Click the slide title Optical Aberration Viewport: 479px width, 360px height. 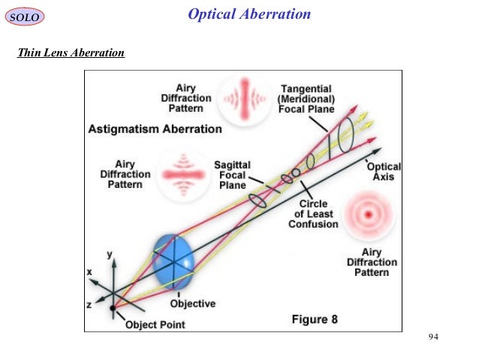249,14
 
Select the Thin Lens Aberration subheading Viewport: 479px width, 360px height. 70,53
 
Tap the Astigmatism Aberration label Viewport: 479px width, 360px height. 155,129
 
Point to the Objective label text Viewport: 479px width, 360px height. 192,304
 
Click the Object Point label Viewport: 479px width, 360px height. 155,325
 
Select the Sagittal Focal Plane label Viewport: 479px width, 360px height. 232,174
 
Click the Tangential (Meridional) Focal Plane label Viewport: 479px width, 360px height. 306,98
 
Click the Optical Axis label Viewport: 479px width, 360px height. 384,171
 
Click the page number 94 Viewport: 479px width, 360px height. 432,335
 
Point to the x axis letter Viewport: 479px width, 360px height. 89,271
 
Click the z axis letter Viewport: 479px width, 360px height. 89,304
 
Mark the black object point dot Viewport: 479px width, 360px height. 113,307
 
